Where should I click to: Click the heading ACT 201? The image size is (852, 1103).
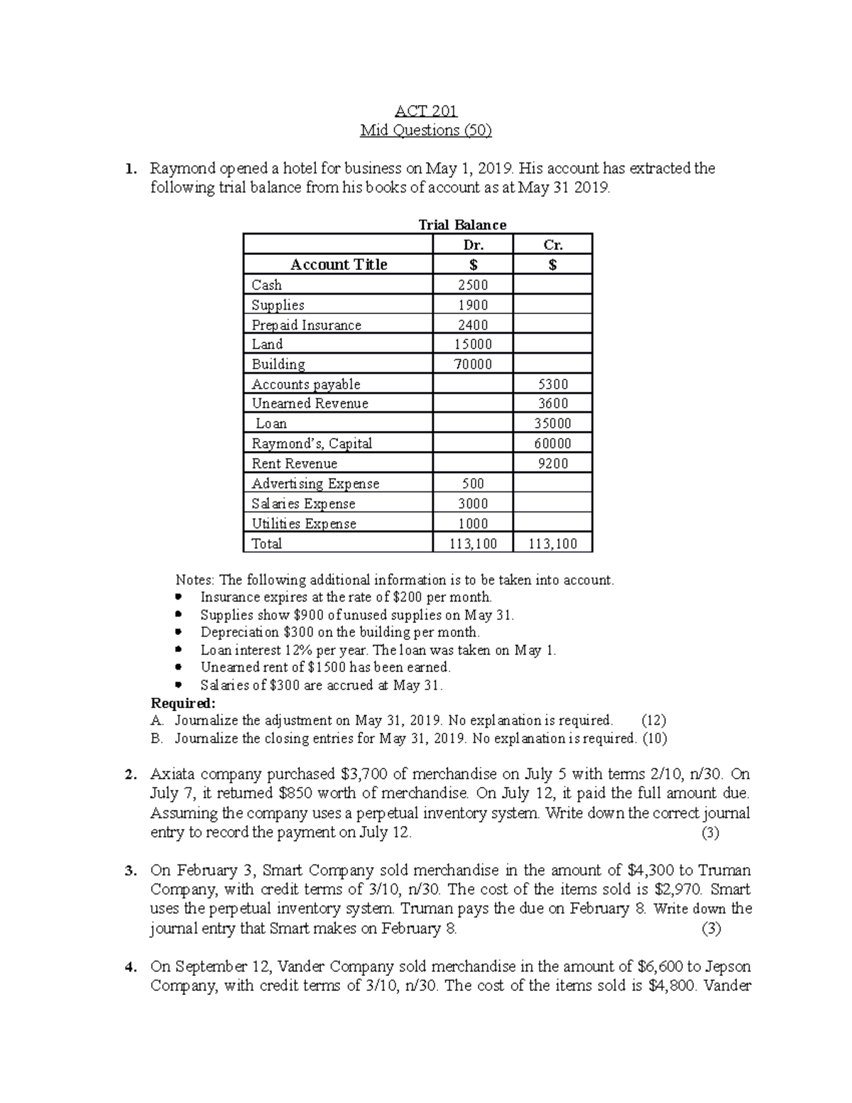tap(425, 111)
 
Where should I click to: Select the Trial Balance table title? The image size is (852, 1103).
tap(462, 225)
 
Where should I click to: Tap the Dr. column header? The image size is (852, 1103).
tap(473, 245)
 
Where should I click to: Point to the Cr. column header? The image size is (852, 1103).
tap(552, 245)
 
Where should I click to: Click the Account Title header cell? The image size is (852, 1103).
tap(339, 265)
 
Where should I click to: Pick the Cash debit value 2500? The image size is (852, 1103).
tap(473, 285)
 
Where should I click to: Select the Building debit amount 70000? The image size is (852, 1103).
tap(473, 364)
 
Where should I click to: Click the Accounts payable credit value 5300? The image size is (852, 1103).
tap(552, 384)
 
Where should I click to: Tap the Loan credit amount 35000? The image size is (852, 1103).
tap(552, 424)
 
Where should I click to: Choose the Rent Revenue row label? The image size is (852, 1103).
tap(295, 464)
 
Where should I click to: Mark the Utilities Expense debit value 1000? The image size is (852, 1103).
tap(473, 523)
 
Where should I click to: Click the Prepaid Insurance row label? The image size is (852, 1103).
tap(306, 325)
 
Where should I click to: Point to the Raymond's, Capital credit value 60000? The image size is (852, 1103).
tap(552, 444)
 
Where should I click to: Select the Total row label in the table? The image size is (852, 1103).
tap(267, 544)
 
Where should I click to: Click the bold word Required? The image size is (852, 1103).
tap(182, 703)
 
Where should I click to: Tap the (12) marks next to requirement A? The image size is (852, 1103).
tap(652, 720)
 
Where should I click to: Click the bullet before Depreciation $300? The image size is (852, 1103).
tap(178, 632)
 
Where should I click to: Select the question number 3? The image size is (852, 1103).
tap(129, 871)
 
